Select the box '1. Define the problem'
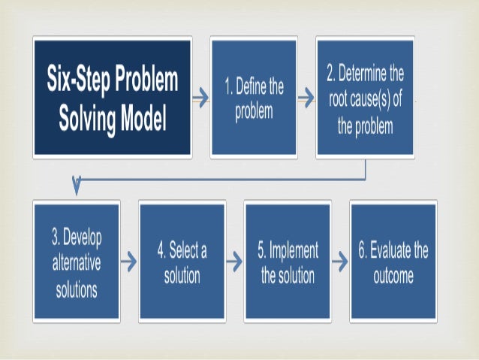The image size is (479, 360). (x=254, y=98)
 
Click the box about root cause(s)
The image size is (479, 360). (x=364, y=98)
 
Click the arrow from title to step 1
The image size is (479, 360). (x=200, y=98)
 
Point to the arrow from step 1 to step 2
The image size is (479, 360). (x=306, y=98)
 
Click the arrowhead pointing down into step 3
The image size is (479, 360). (x=75, y=184)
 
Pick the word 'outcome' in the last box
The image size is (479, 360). (x=393, y=276)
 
